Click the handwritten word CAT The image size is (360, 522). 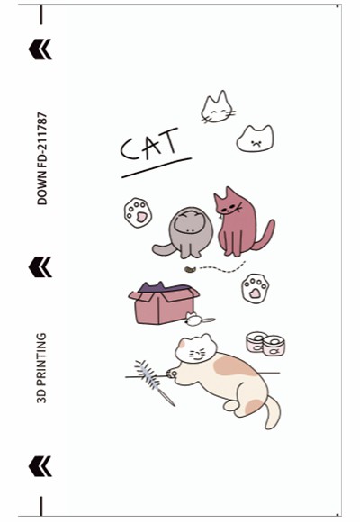point(149,144)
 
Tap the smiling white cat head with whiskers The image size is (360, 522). point(217,108)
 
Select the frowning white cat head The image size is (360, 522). point(256,139)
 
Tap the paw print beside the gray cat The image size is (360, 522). point(138,212)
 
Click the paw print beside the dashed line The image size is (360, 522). point(256,288)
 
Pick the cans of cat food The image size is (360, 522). point(265,344)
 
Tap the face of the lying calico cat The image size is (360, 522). point(196,350)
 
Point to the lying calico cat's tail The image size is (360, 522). point(273,413)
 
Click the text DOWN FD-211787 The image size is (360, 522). point(42,158)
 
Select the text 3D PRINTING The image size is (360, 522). point(41,368)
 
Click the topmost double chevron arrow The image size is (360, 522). point(40,49)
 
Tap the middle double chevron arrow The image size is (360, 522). point(40,267)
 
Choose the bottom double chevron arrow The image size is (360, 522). point(40,466)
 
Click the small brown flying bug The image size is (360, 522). point(190,270)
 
